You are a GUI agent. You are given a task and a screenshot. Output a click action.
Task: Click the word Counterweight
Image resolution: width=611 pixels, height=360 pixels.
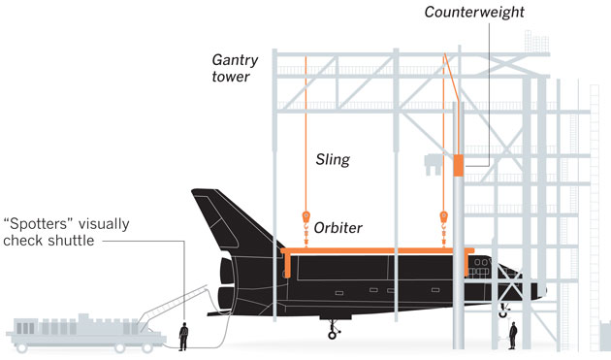pos(474,12)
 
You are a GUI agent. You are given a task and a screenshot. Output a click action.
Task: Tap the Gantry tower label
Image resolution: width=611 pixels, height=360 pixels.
pos(235,68)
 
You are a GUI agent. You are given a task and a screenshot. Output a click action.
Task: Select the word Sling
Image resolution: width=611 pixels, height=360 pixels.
pos(333,159)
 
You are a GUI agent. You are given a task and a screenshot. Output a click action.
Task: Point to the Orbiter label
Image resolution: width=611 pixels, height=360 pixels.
pos(338,228)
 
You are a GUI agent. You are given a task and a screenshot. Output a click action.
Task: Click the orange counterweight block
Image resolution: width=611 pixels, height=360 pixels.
pos(459,165)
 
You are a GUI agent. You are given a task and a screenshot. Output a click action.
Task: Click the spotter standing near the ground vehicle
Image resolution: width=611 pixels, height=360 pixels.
pos(183,336)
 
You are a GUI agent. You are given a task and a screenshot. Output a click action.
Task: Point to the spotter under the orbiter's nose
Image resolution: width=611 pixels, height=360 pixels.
pos(513,336)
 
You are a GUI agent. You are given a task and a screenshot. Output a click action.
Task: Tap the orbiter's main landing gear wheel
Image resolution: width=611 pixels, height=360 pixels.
pos(332,335)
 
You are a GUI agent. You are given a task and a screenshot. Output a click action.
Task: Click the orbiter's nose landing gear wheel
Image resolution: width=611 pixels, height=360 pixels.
pos(503,313)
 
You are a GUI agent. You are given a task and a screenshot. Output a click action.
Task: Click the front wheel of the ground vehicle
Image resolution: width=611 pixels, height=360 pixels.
pos(146,347)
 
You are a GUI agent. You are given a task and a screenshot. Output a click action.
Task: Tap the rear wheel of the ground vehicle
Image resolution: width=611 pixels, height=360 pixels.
pos(21,347)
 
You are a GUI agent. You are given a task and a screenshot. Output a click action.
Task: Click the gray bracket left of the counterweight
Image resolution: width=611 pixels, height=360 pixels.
pos(434,165)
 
